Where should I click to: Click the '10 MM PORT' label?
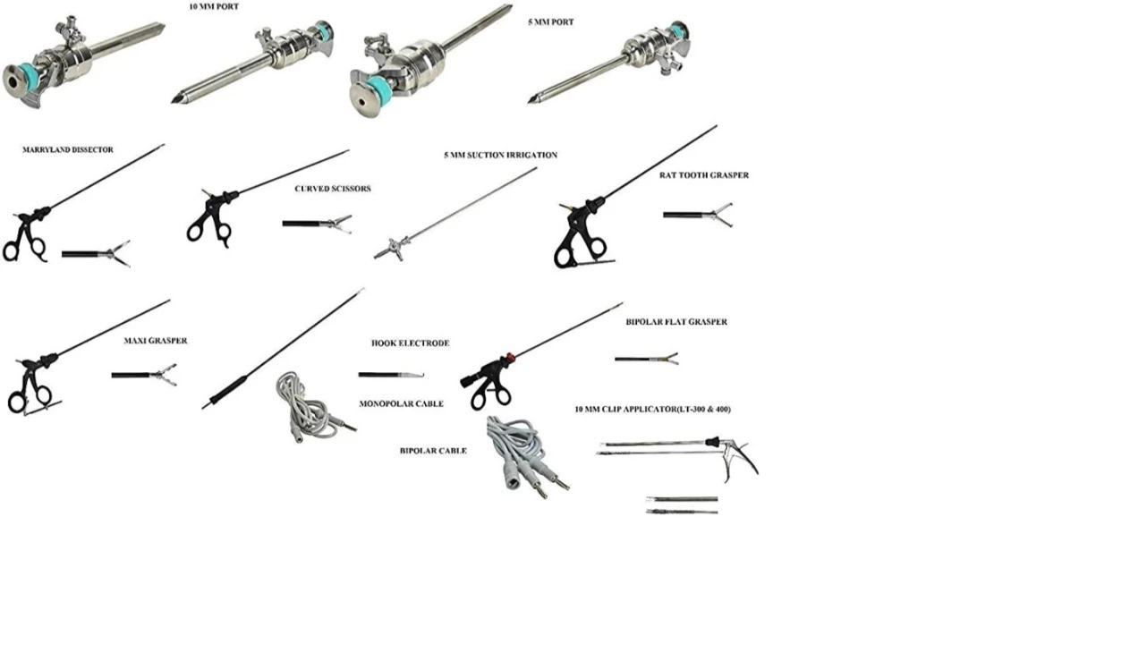(214, 7)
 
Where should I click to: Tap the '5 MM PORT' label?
(551, 22)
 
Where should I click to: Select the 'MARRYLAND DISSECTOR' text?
(68, 149)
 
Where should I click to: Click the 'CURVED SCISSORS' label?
(333, 189)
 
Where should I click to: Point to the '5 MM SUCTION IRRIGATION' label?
(501, 156)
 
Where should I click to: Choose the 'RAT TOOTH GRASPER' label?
(704, 175)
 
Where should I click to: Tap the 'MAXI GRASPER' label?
(156, 341)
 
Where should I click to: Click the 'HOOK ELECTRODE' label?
(411, 343)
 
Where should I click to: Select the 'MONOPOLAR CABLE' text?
(402, 404)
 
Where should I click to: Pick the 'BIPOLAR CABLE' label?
(433, 451)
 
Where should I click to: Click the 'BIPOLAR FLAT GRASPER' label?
(677, 322)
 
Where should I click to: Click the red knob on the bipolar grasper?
(510, 358)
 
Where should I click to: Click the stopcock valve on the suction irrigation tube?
(394, 249)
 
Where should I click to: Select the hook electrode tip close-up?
(392, 375)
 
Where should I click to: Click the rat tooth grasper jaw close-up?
(698, 216)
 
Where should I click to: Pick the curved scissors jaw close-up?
(318, 224)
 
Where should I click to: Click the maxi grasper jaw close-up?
(144, 375)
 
